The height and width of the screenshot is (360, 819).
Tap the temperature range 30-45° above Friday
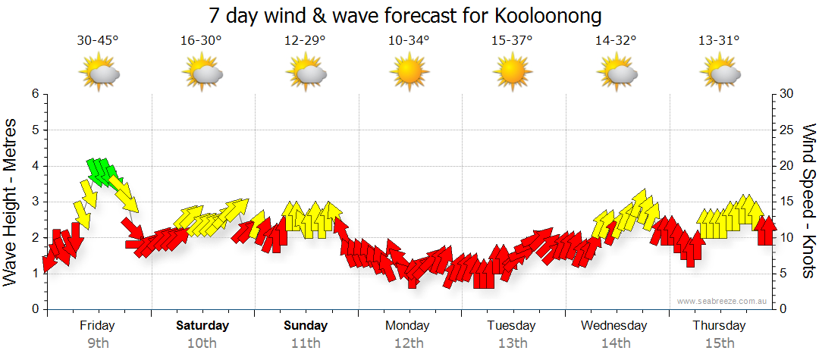pos(98,41)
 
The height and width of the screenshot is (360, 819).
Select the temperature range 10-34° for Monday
pos(409,41)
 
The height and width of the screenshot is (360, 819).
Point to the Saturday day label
pos(202,326)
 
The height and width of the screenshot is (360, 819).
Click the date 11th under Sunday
pos(306,343)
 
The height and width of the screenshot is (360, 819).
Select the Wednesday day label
pos(614,326)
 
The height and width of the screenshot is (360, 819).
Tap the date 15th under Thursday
pos(719,343)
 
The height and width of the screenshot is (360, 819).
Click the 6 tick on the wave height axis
pos(34,94)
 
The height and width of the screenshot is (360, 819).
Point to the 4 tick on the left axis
pos(34,166)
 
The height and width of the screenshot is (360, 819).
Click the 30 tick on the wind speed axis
pos(787,94)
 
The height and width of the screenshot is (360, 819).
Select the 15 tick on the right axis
pos(787,202)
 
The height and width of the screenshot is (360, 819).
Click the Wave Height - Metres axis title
pos(12,202)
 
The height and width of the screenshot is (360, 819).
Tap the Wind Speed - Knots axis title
pos(808,201)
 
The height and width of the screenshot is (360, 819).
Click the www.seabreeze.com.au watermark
pos(723,302)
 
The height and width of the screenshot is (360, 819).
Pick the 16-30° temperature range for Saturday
pos(201,41)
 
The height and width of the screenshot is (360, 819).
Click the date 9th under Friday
pos(98,343)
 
